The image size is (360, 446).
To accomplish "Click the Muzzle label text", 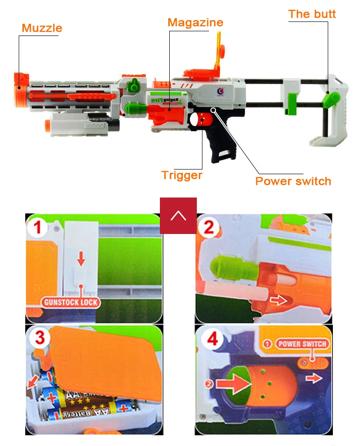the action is (42, 28).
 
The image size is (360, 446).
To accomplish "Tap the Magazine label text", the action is (195, 22).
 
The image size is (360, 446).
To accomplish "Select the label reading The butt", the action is (312, 14).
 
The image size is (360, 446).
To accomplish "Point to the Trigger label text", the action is (182, 175).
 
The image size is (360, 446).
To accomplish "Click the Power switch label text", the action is (293, 181).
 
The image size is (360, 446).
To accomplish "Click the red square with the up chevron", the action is (178, 216).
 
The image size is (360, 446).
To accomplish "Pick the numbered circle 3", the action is (40, 338).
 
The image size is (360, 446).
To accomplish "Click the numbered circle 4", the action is (213, 340).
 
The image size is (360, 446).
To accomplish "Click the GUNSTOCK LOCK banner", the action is (71, 302).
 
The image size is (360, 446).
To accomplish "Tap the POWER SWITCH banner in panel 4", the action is (302, 344).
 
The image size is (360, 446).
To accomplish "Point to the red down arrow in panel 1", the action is (81, 258).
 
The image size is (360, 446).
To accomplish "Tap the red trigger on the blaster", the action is (202, 120).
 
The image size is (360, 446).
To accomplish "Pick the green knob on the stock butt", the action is (333, 99).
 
